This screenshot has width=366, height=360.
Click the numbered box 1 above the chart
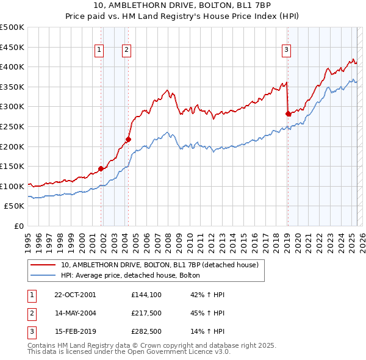(x=99, y=51)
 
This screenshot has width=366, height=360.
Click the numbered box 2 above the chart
(x=126, y=51)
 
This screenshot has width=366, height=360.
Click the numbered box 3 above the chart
(x=286, y=51)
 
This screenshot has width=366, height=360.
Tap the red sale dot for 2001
(x=101, y=169)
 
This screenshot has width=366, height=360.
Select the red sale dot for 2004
(x=128, y=140)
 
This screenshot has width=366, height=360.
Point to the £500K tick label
(x=12, y=27)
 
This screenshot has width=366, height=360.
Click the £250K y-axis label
(x=12, y=126)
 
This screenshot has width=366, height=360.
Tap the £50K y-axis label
(x=15, y=206)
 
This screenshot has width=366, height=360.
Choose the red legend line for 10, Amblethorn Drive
(x=43, y=265)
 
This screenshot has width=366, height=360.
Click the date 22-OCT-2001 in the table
(x=75, y=294)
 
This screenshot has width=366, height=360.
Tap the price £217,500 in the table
(x=146, y=313)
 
